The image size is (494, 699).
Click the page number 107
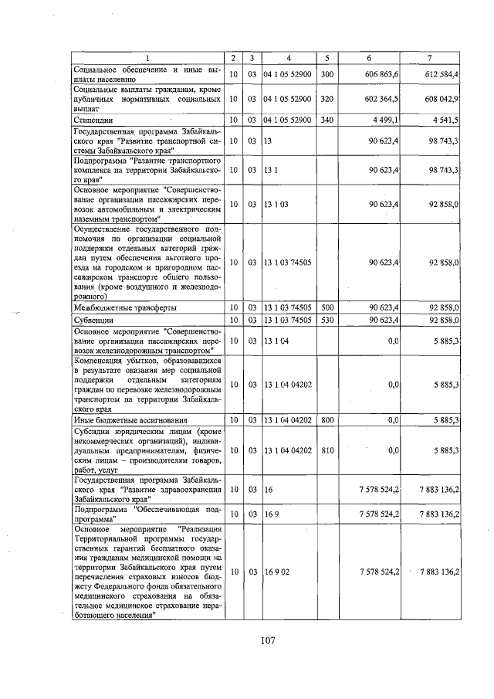(268, 640)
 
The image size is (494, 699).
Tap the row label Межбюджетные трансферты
(124, 307)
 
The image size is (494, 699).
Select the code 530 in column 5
(327, 320)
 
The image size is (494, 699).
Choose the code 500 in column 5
(327, 307)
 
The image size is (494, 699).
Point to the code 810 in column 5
(327, 450)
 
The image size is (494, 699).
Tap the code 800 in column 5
(327, 420)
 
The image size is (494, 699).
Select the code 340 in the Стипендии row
(327, 120)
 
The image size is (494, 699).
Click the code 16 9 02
(276, 572)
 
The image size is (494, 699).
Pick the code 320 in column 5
(327, 100)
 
